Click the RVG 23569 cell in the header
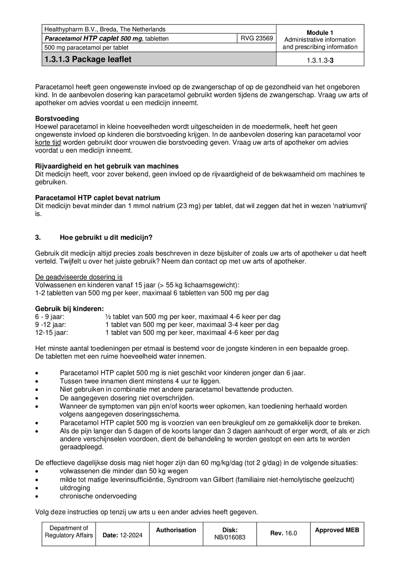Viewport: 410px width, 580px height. coord(257,38)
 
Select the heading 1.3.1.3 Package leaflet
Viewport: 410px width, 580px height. coord(88,59)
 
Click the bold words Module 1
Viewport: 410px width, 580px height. coord(320,32)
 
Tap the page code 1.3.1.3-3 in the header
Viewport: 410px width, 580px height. coord(320,60)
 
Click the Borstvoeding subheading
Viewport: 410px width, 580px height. coord(57,119)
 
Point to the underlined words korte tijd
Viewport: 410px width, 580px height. coord(48,143)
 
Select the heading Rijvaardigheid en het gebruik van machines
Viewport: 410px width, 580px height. coord(107,166)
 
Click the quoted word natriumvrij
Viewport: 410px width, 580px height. coord(350,206)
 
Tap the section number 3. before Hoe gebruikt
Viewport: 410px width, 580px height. coord(38,238)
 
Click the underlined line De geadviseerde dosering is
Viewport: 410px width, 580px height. coord(79,277)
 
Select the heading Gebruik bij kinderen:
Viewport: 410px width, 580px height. coord(69,309)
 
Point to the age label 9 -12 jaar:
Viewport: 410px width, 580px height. coord(50,325)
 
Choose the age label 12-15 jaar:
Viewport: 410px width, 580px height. coord(52,333)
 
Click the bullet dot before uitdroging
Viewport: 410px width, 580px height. coord(37,488)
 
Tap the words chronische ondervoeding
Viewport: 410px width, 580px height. coord(98,496)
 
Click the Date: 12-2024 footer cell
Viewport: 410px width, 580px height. coord(122,535)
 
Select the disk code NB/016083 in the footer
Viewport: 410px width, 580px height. coord(230,537)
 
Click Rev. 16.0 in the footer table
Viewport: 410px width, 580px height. coord(283,533)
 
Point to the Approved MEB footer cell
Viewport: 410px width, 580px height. coord(337,530)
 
